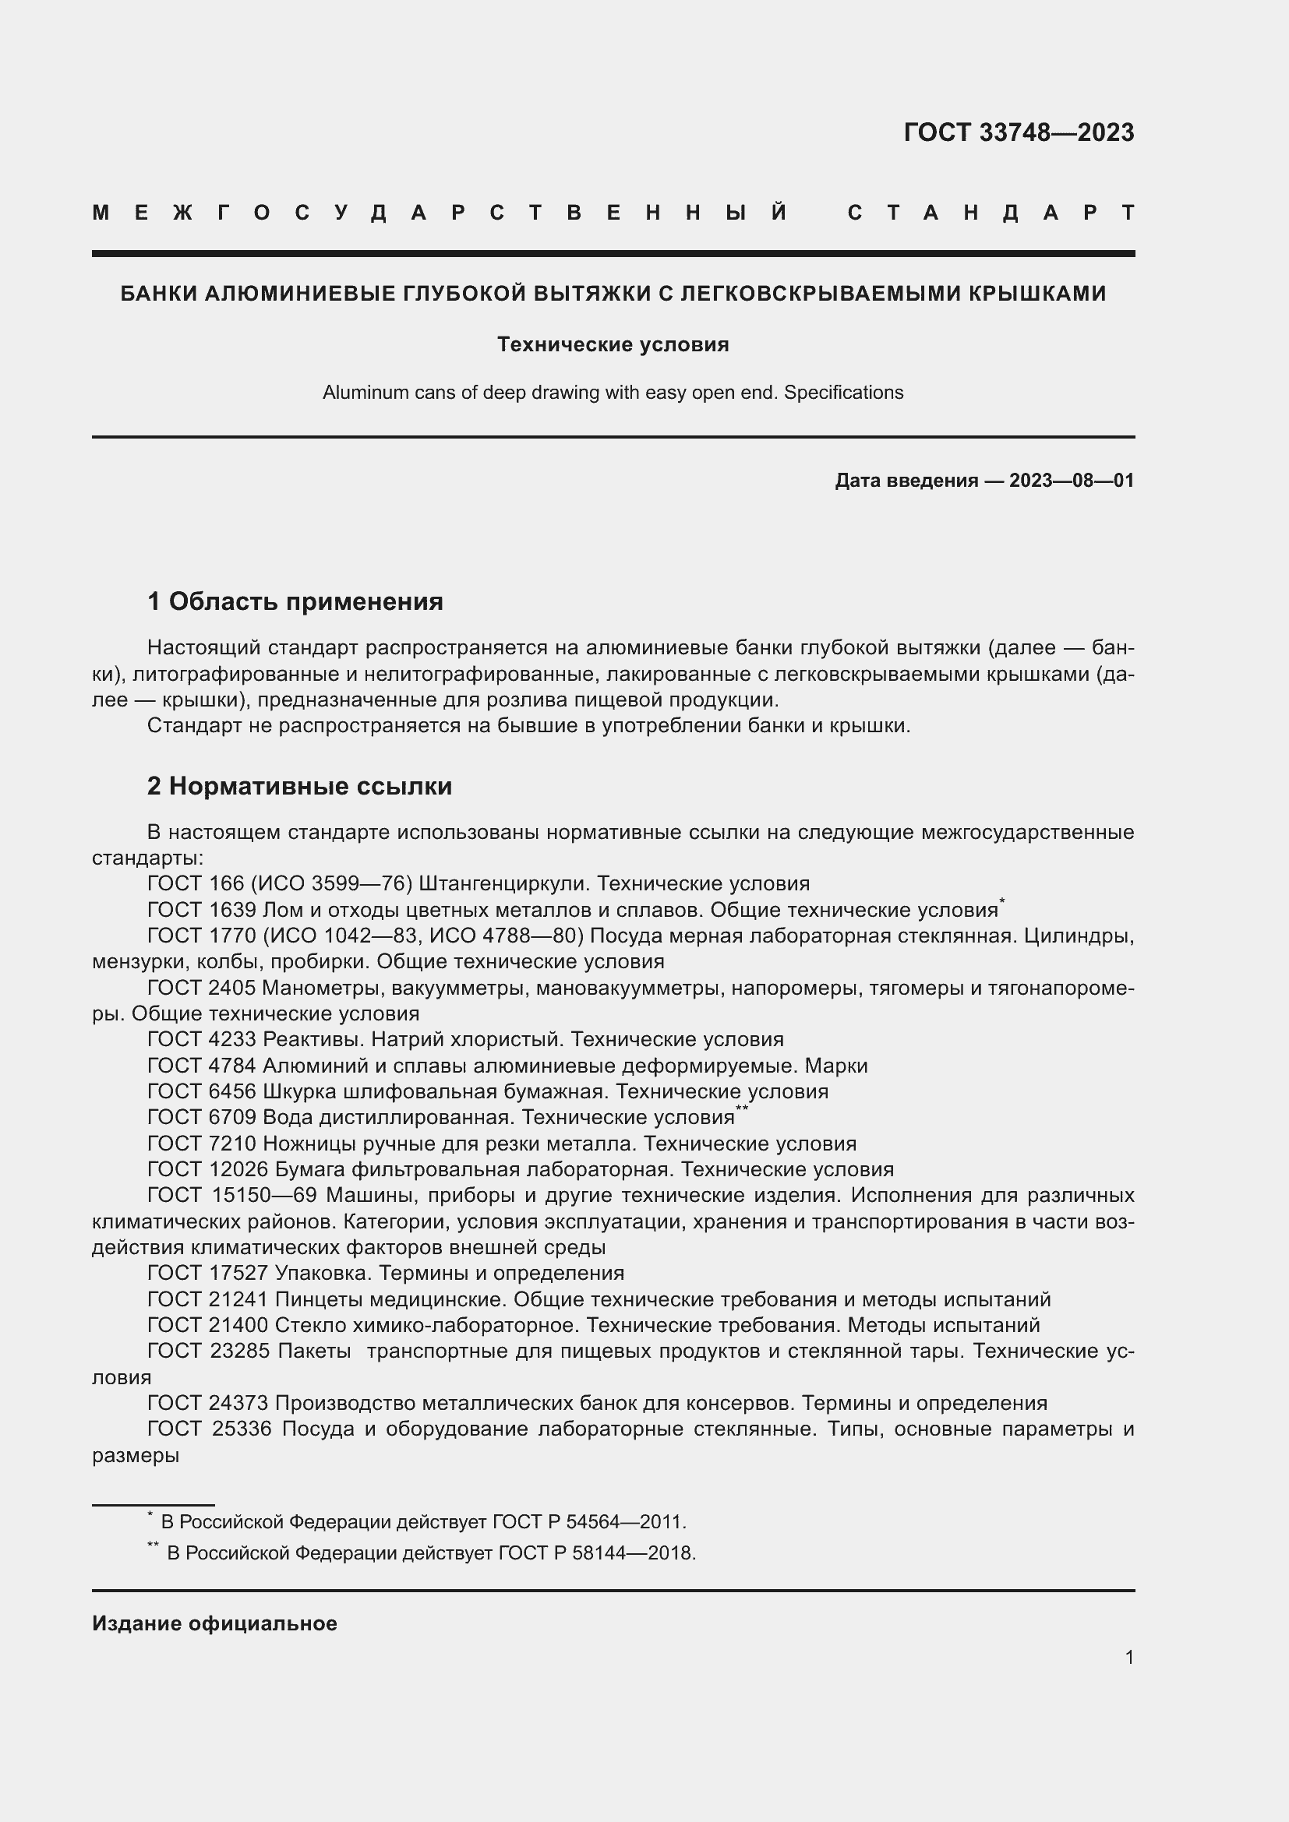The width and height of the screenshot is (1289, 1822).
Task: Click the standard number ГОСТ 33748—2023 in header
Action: coord(1019,132)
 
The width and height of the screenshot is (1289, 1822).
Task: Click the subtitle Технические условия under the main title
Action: coord(613,344)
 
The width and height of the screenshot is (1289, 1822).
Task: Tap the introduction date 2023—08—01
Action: coord(1071,481)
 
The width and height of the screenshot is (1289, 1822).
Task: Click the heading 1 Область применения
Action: coord(295,601)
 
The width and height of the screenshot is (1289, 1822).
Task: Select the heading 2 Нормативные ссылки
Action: coord(299,786)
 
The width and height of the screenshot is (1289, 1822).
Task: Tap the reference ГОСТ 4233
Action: coord(202,1040)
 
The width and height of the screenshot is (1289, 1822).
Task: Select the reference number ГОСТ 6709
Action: coord(202,1117)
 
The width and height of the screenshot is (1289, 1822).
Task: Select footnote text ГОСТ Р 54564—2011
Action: coord(588,1522)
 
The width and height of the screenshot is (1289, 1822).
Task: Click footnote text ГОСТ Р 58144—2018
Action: coord(596,1553)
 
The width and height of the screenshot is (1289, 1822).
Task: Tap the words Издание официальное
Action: coord(214,1623)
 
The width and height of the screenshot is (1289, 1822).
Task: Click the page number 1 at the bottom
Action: coord(1128,1657)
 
